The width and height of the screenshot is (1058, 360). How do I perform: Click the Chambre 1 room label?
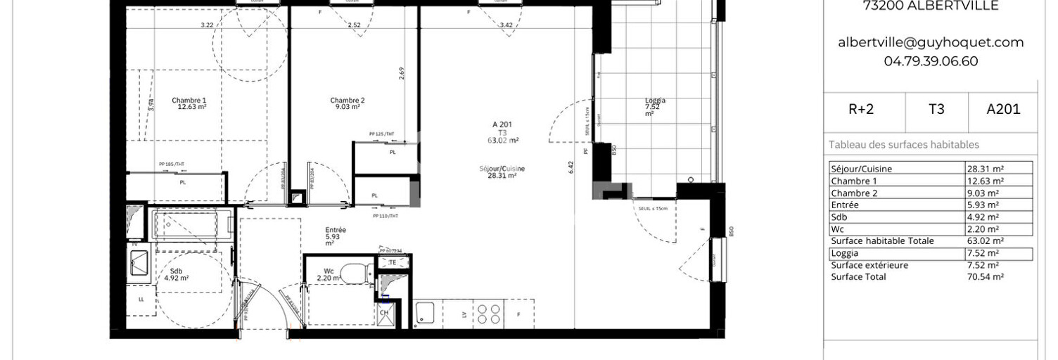tap(189, 101)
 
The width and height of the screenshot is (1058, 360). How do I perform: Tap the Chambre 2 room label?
tap(347, 101)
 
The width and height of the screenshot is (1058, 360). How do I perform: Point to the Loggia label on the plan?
tap(655, 101)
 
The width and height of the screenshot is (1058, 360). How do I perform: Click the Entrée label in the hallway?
tap(336, 230)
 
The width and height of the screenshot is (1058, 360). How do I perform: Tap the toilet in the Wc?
tap(359, 271)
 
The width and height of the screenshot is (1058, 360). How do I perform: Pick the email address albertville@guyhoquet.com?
tap(930, 42)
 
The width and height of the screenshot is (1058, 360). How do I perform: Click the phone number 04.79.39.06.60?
tap(930, 61)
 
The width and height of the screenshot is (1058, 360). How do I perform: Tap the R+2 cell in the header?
tap(860, 109)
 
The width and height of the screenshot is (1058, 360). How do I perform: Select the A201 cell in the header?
tap(1002, 109)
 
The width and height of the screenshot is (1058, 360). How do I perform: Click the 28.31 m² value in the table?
tap(986, 169)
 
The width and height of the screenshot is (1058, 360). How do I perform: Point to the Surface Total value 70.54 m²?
tap(986, 277)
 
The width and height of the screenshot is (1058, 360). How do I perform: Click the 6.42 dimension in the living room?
tap(571, 167)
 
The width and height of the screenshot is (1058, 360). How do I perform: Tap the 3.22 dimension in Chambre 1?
tap(206, 25)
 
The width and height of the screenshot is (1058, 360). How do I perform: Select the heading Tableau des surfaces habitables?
tap(903, 145)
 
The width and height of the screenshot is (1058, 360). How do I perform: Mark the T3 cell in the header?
tap(936, 109)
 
